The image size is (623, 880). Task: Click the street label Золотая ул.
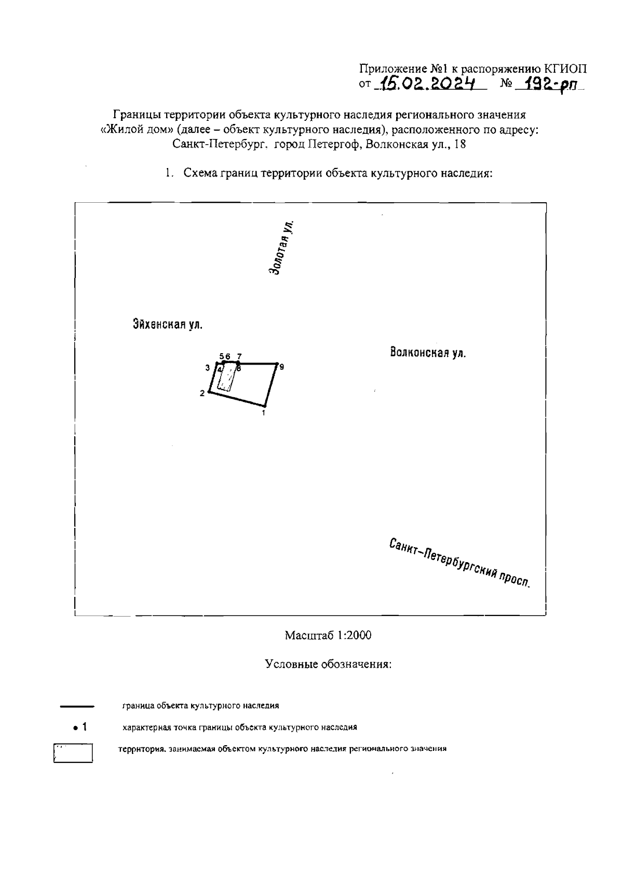282,247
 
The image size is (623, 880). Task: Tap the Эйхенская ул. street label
167,325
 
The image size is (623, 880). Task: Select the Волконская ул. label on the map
427,353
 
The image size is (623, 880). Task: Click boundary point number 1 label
264,413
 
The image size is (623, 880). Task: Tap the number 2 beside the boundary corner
202,394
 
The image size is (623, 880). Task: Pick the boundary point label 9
281,367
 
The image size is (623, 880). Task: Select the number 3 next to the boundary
208,368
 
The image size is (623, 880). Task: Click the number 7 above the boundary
239,356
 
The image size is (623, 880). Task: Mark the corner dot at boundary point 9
276,364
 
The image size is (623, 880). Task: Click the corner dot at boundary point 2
209,392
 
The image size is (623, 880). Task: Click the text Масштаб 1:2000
328,635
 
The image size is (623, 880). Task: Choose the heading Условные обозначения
328,664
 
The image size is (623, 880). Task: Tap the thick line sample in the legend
76,706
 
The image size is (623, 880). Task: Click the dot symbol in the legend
76,728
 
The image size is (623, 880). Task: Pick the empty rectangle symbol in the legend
73,753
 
